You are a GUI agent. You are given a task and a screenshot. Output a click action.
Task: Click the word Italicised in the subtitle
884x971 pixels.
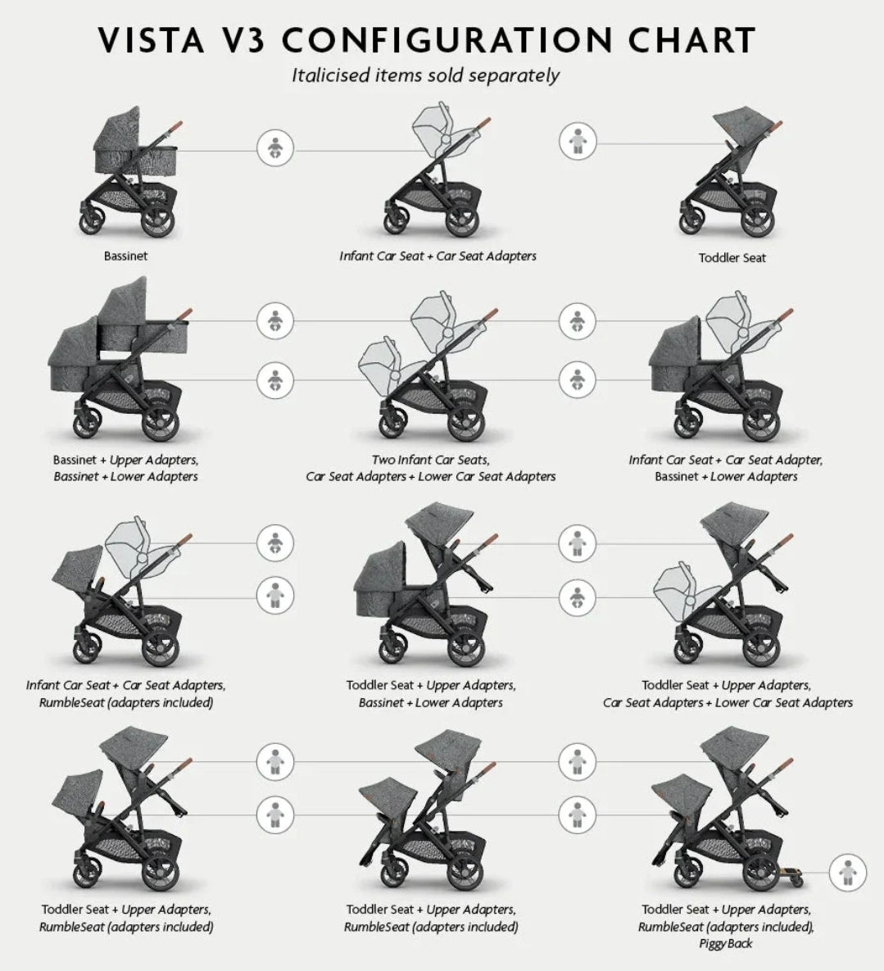pyautogui.click(x=331, y=75)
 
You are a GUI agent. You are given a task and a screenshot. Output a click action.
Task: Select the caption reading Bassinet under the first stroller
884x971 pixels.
pyautogui.click(x=125, y=256)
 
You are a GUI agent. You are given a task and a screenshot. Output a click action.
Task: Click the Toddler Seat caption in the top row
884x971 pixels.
pyautogui.click(x=732, y=257)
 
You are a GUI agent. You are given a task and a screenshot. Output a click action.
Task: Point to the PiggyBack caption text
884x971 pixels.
pyautogui.click(x=726, y=944)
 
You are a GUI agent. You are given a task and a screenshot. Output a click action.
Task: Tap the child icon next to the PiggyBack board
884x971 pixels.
pyautogui.click(x=847, y=873)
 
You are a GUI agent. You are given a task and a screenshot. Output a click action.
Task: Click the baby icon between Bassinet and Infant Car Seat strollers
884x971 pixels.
pyautogui.click(x=275, y=148)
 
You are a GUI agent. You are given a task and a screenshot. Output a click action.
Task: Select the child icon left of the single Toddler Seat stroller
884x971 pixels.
pyautogui.click(x=578, y=141)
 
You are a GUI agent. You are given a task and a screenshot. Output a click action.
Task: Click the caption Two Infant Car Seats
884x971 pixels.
pyautogui.click(x=430, y=461)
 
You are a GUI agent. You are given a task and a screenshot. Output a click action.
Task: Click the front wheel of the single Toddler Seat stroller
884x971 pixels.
pyautogui.click(x=692, y=218)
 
